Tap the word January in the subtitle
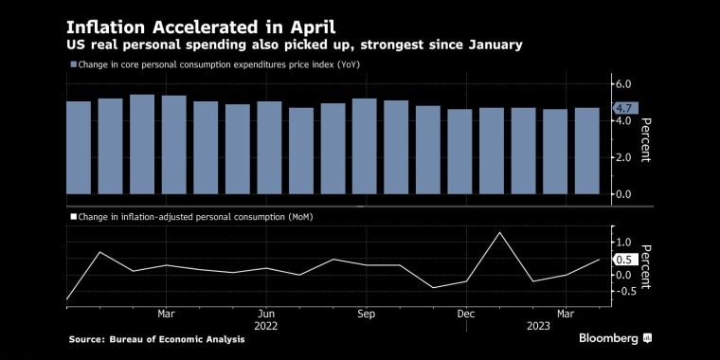(488, 45)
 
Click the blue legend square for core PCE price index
(73, 64)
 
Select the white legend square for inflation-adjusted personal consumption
(73, 217)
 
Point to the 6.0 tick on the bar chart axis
(622, 84)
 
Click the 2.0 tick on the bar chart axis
(622, 157)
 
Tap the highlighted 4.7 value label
(624, 108)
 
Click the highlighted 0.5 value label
(623, 260)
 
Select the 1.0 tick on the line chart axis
(622, 243)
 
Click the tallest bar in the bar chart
(142, 144)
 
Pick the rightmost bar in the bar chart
(586, 151)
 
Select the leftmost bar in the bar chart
(79, 147)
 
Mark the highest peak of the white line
(499, 232)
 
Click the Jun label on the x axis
(266, 313)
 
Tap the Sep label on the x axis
(367, 313)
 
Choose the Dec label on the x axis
(465, 313)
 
